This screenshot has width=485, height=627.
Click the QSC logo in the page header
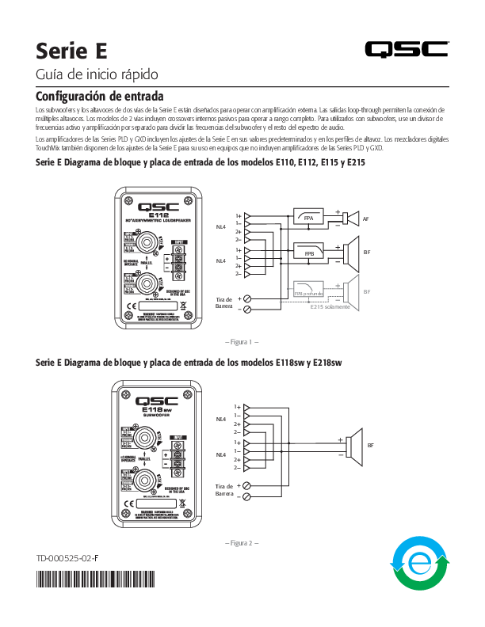pyautogui.click(x=407, y=49)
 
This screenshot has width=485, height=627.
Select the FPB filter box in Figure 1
pyautogui.click(x=309, y=253)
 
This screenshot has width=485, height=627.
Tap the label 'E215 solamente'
pyautogui.click(x=330, y=306)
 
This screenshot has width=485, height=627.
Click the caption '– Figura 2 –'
pyautogui.click(x=242, y=543)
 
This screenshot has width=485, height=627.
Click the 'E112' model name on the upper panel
pyautogui.click(x=158, y=213)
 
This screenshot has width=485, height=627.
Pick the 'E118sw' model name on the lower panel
pyautogui.click(x=158, y=408)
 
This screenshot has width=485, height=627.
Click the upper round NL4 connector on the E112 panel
pyautogui.click(x=146, y=239)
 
